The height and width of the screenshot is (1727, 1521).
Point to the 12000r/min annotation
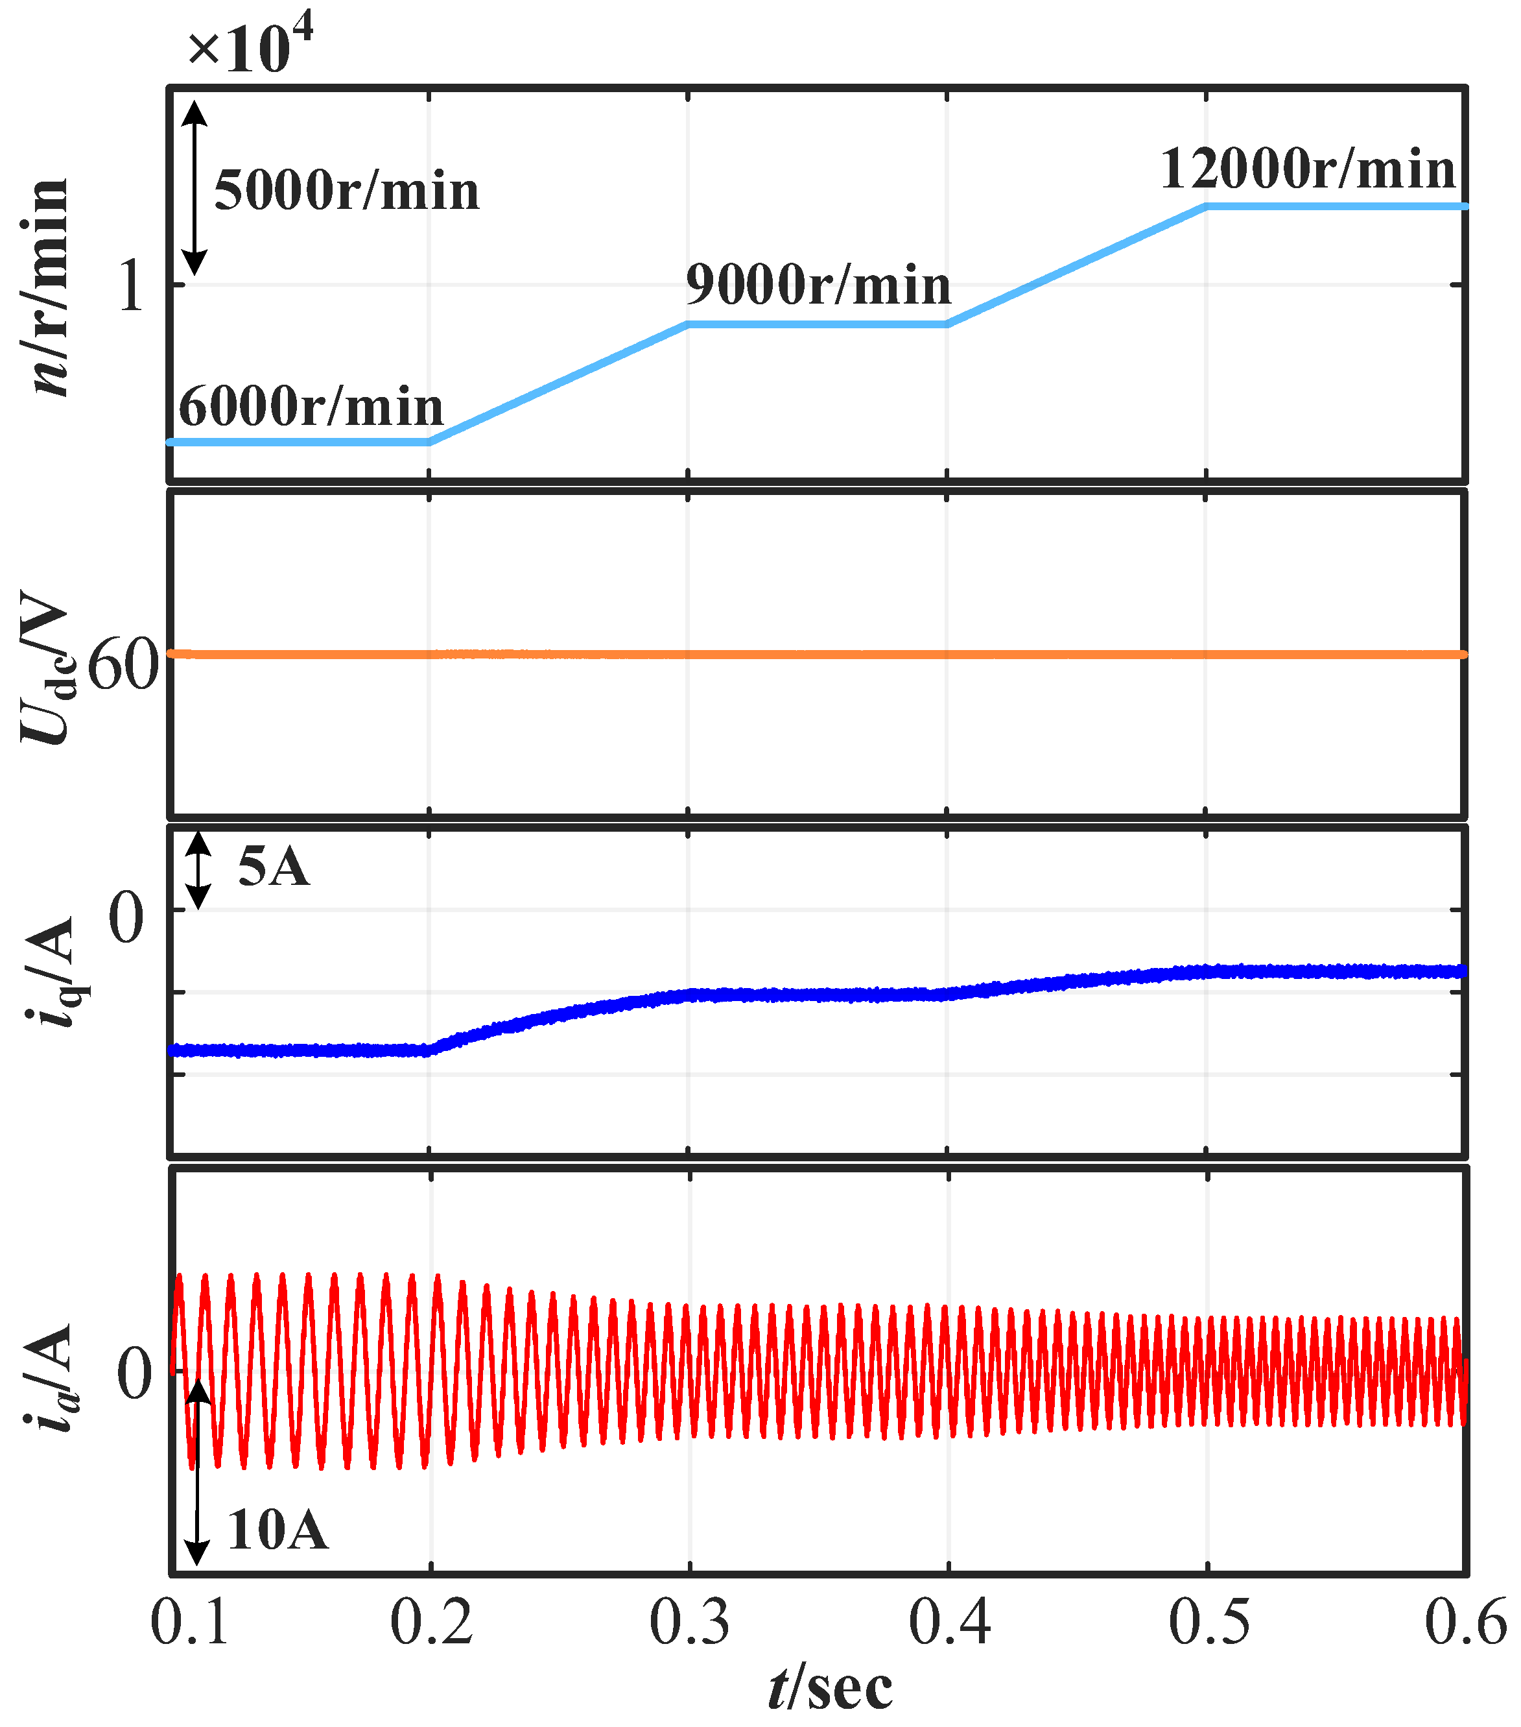tap(1307, 169)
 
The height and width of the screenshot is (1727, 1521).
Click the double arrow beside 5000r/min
tap(195, 187)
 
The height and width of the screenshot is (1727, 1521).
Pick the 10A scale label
tap(277, 1529)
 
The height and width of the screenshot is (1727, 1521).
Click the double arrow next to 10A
tap(197, 1471)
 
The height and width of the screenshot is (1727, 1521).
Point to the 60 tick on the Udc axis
tap(123, 666)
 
